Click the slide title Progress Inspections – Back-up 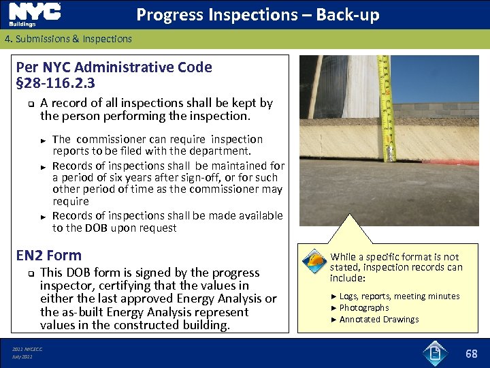pos(258,15)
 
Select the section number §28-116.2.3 pos(55,83)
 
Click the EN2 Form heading pos(48,256)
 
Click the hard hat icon pos(313,262)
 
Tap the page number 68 pos(471,354)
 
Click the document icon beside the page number pos(435,354)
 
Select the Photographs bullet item pos(364,308)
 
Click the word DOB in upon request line pos(96,228)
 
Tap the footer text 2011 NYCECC pos(27,349)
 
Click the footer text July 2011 pos(22,356)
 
